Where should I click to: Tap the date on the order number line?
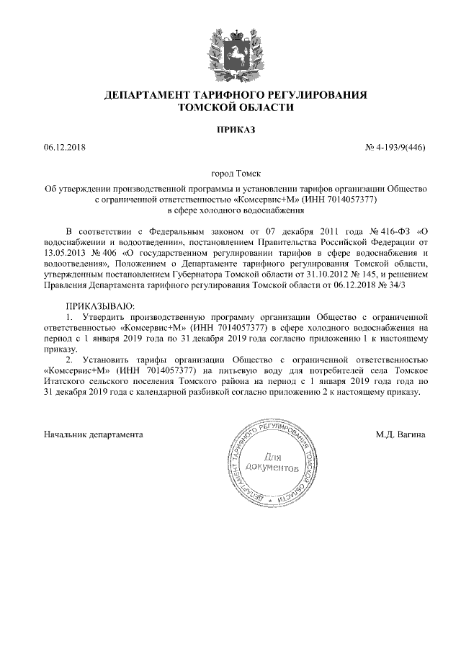pos(64,148)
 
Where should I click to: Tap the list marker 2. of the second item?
pos(70,360)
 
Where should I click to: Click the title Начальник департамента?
pos(93,435)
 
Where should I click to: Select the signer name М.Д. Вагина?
pos(400,435)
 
